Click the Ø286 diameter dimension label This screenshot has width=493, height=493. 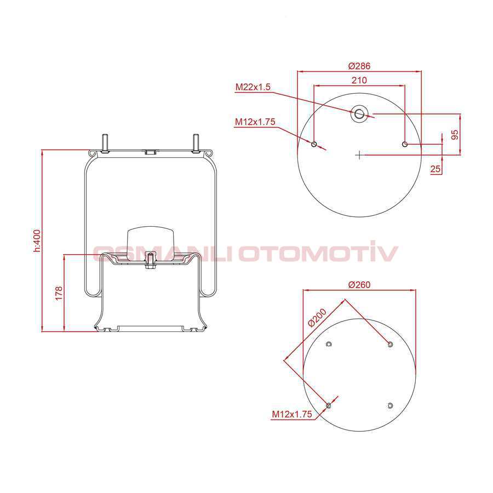[x=359, y=66]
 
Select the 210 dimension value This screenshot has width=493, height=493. [x=359, y=80]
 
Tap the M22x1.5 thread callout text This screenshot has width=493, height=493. [x=253, y=87]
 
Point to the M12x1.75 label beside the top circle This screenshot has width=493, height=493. [x=255, y=122]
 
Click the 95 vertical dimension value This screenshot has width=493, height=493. [x=455, y=135]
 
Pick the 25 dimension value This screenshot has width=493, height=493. [x=435, y=169]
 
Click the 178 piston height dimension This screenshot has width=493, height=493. [x=59, y=293]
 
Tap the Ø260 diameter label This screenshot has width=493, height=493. [x=359, y=284]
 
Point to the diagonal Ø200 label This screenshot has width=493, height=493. [x=317, y=318]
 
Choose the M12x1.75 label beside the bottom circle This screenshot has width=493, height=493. [x=291, y=414]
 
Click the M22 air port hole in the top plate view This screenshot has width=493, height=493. [x=359, y=114]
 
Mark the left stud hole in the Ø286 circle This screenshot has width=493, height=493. [x=314, y=144]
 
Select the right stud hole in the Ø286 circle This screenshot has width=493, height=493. [x=405, y=144]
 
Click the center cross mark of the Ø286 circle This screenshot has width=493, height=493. [x=359, y=155]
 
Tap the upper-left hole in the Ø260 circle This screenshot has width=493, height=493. [x=329, y=344]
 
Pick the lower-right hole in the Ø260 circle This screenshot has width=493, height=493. [x=390, y=405]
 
